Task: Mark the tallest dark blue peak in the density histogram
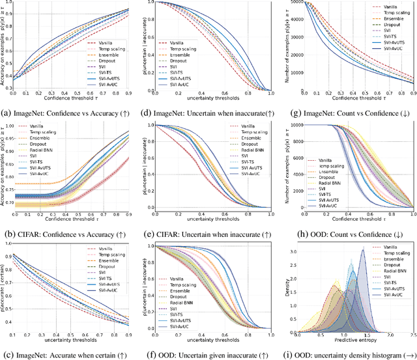click(363, 249)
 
